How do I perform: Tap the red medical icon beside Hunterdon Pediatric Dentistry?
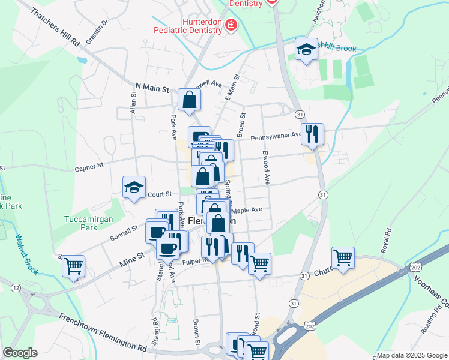[x=231, y=25]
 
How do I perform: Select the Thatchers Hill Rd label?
[x=54, y=28]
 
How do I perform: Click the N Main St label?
[x=152, y=88]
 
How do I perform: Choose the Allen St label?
[x=134, y=103]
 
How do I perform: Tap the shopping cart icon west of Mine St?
[x=73, y=266]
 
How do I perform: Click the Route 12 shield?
[x=15, y=289]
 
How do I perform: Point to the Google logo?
[x=20, y=353]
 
